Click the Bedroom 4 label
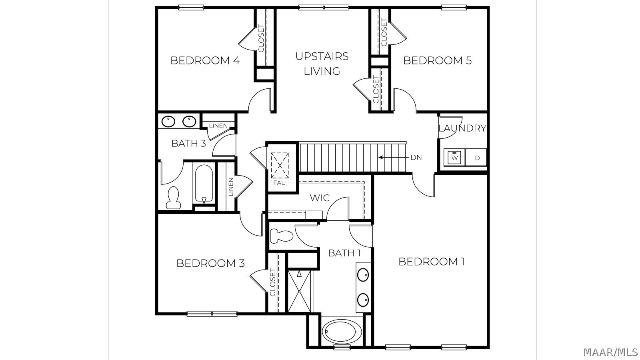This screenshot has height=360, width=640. (x=205, y=60)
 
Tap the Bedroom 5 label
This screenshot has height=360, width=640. (x=438, y=60)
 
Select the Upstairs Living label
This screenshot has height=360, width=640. (x=322, y=64)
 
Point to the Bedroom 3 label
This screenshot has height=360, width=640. (x=210, y=263)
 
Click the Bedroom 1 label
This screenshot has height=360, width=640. (x=432, y=262)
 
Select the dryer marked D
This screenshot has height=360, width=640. (x=476, y=158)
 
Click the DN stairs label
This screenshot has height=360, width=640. (x=416, y=158)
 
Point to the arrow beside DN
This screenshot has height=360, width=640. (x=393, y=157)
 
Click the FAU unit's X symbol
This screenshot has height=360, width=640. (x=280, y=166)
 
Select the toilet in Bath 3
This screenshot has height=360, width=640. (x=174, y=198)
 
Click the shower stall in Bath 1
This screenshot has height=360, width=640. (x=299, y=291)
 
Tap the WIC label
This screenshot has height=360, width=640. (x=320, y=198)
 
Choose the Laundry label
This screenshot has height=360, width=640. (x=462, y=128)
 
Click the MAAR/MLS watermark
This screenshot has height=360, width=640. (x=610, y=352)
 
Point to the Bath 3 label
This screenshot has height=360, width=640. (x=188, y=144)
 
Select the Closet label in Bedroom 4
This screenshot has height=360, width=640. (x=261, y=38)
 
